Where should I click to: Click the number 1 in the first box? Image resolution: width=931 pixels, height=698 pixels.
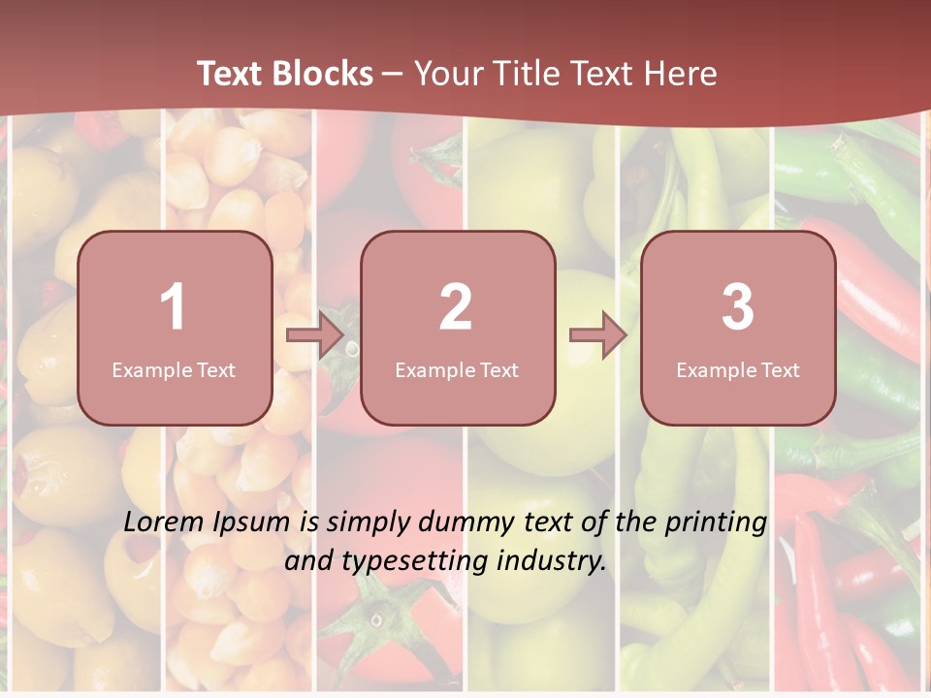click(x=173, y=307)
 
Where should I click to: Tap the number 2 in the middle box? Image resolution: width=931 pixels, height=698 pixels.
click(x=456, y=307)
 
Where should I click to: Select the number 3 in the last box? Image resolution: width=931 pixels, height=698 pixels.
click(x=738, y=307)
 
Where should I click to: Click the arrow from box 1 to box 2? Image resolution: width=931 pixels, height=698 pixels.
click(x=315, y=335)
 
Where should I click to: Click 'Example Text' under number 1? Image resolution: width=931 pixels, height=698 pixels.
click(x=174, y=370)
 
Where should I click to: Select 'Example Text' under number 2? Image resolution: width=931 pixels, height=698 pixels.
click(x=457, y=370)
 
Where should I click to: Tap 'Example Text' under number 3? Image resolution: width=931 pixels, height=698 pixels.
click(x=738, y=370)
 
